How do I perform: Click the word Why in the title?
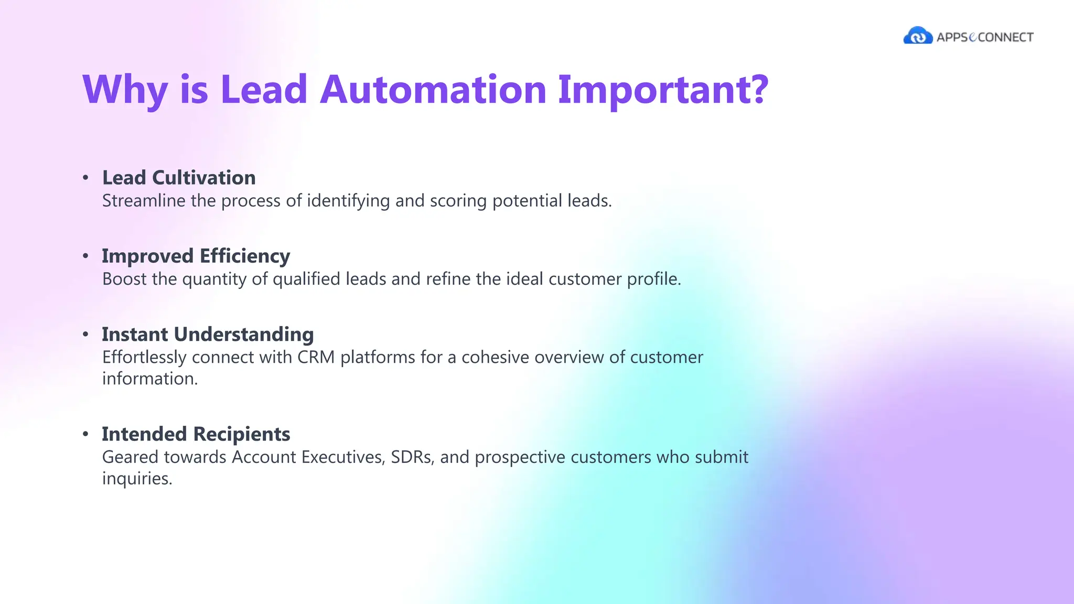(x=125, y=90)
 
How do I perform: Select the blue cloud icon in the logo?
(x=918, y=36)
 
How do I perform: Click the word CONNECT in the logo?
(x=1006, y=37)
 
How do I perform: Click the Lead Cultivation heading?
(x=179, y=178)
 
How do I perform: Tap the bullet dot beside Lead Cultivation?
(x=85, y=178)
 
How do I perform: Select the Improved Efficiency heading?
(x=196, y=256)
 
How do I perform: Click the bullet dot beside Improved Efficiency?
(x=85, y=256)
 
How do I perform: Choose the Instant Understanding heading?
(x=208, y=334)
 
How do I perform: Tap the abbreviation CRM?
(x=316, y=357)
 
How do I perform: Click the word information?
(x=149, y=379)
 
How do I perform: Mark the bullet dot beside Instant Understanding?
(x=85, y=334)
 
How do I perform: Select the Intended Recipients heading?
(x=196, y=434)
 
